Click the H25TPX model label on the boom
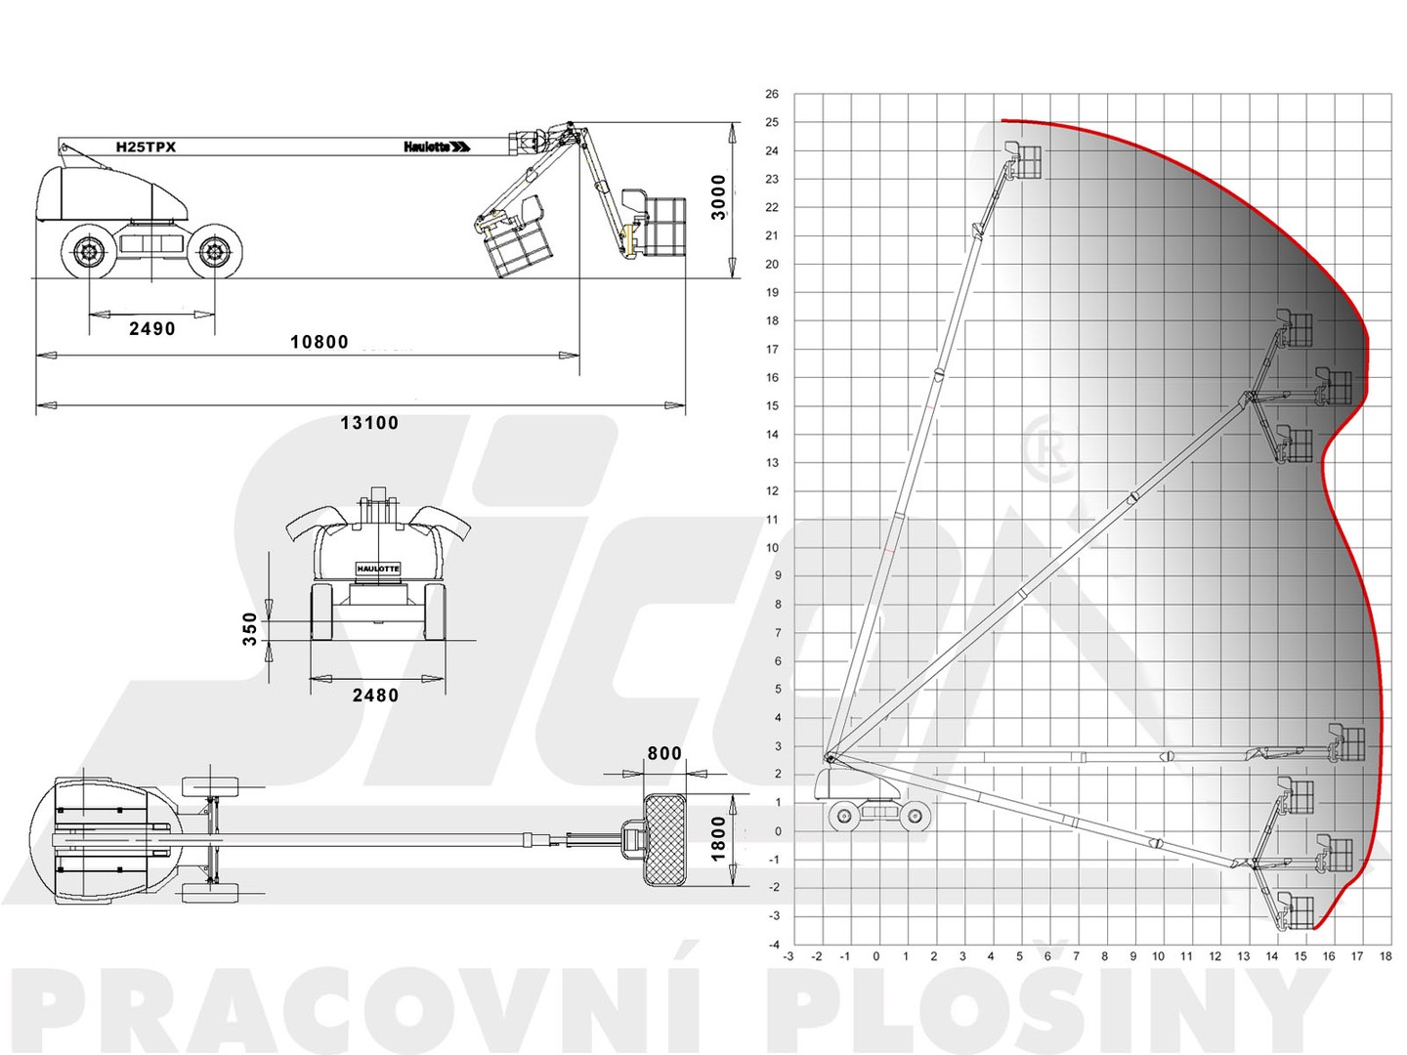pyautogui.click(x=146, y=147)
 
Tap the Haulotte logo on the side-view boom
pyautogui.click(x=437, y=147)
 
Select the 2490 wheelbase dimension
pyautogui.click(x=151, y=328)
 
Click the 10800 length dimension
pyautogui.click(x=320, y=342)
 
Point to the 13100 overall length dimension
pyautogui.click(x=369, y=423)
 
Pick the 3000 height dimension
pyautogui.click(x=718, y=196)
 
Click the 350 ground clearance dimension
pyautogui.click(x=250, y=628)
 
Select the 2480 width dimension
pyautogui.click(x=375, y=695)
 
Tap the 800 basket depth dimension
pyautogui.click(x=664, y=753)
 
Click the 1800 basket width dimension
pyautogui.click(x=718, y=838)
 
